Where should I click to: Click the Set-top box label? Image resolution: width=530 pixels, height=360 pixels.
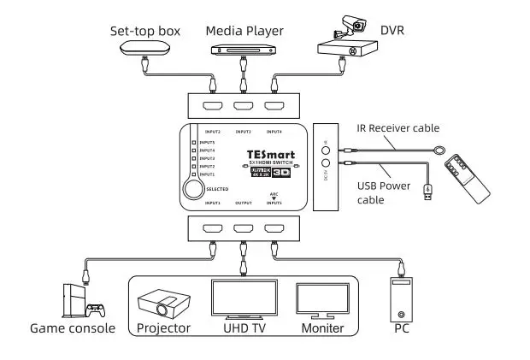145,32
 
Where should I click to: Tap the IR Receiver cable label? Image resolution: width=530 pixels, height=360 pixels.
397,128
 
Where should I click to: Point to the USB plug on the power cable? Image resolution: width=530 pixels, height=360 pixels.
427,196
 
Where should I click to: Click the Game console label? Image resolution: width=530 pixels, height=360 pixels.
73,328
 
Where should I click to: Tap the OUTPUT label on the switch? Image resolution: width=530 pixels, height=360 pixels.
244,203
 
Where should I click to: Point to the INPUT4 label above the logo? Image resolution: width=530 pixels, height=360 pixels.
274,132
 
